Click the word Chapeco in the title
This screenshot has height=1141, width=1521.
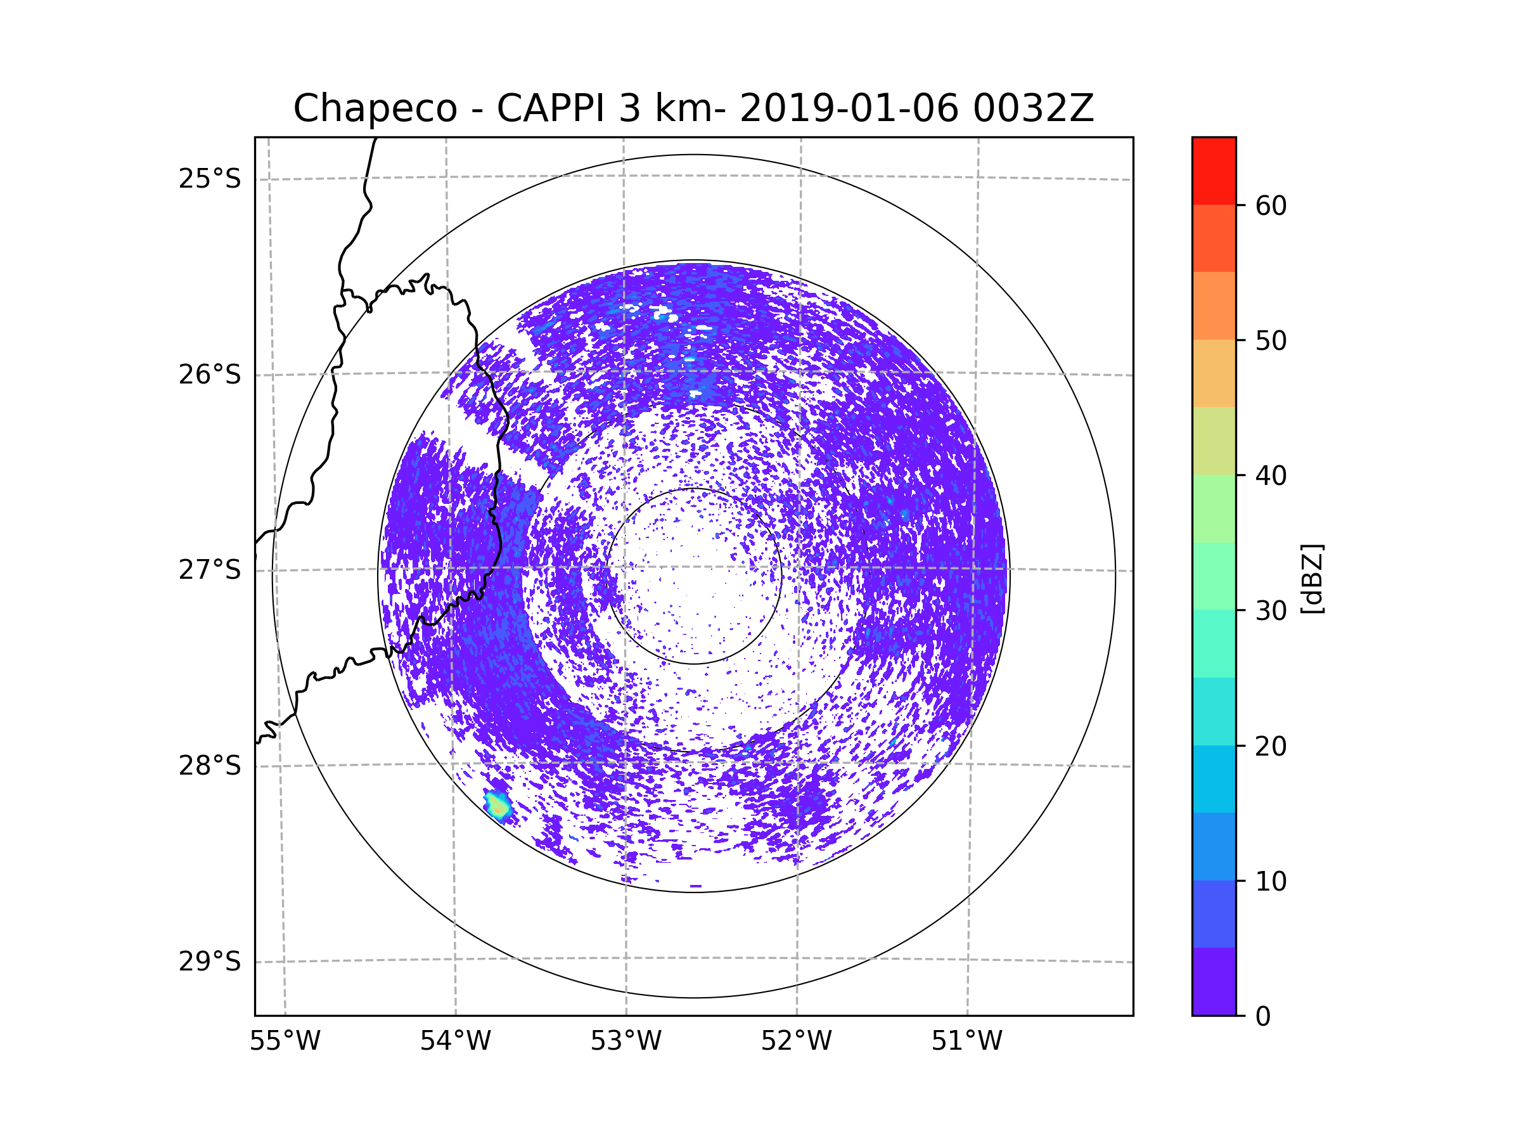point(375,108)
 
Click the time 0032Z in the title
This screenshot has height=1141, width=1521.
point(1033,108)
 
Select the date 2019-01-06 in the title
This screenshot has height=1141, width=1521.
point(849,108)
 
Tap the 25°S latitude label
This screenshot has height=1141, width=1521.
point(210,179)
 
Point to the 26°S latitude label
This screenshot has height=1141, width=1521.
point(210,375)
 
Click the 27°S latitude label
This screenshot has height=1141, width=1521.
point(210,570)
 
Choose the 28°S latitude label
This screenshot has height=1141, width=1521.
point(210,766)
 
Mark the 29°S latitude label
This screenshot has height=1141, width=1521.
point(210,962)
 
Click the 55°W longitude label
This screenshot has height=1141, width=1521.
point(285,1041)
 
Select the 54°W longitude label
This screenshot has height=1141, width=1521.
point(455,1041)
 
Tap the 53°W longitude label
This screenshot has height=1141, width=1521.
point(626,1041)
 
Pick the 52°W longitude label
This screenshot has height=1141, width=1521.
point(796,1041)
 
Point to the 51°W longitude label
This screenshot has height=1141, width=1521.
point(966,1041)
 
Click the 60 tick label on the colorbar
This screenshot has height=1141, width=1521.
point(1271,205)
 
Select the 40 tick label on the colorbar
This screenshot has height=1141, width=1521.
point(1271,476)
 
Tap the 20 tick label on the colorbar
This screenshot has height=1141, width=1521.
point(1271,746)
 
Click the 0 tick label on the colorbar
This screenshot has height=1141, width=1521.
point(1263,1017)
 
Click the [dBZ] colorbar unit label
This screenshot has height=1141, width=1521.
point(1312,578)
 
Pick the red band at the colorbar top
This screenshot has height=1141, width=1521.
point(1214,171)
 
